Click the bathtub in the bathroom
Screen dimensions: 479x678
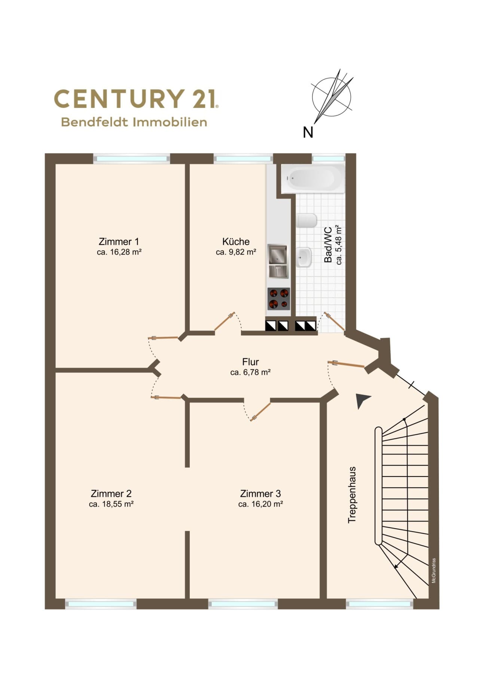(x=312, y=179)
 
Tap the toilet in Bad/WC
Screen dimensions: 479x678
(x=306, y=221)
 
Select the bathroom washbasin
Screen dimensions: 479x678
(x=304, y=257)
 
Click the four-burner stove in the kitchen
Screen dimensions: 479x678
(x=279, y=299)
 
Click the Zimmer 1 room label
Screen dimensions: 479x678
(x=119, y=241)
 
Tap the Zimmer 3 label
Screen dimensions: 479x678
(x=260, y=493)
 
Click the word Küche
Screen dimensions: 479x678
(x=236, y=241)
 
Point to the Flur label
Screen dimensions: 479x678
(x=250, y=362)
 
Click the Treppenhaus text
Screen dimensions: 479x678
(x=352, y=495)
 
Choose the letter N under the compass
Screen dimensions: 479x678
(x=308, y=132)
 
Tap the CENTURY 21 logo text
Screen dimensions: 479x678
(x=136, y=98)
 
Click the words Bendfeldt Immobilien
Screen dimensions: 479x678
(x=134, y=122)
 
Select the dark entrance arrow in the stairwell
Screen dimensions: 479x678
(x=362, y=401)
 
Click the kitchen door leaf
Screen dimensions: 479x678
(x=225, y=321)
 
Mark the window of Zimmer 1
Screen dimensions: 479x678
(x=131, y=159)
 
